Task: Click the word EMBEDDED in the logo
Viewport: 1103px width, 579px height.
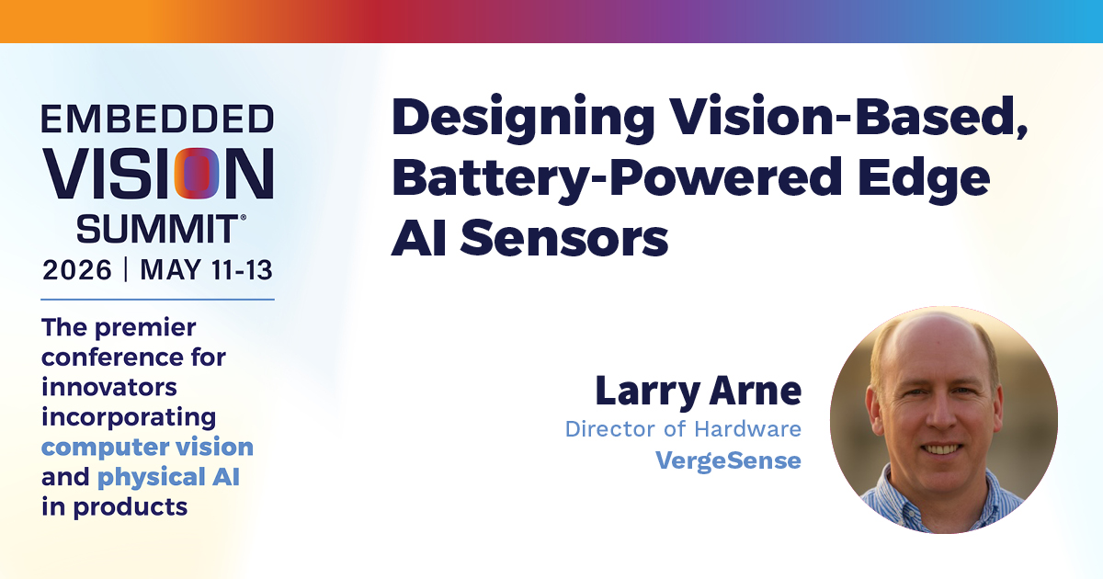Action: pyautogui.click(x=157, y=119)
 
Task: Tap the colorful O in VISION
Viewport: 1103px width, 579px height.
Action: pyautogui.click(x=197, y=174)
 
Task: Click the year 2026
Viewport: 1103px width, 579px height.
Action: pyautogui.click(x=77, y=270)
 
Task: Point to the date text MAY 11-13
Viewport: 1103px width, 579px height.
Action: pyautogui.click(x=206, y=270)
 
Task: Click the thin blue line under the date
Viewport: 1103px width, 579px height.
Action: pyautogui.click(x=157, y=300)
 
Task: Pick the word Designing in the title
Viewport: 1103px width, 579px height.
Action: pyautogui.click(x=523, y=119)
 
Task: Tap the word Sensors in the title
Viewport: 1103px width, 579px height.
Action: pyautogui.click(x=564, y=238)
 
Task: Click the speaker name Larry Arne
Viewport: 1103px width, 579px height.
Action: pyautogui.click(x=699, y=391)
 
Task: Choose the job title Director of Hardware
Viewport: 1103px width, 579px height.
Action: pyautogui.click(x=683, y=429)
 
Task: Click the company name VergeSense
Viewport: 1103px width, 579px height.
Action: pyautogui.click(x=728, y=460)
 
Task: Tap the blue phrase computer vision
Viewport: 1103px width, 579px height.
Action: pyautogui.click(x=147, y=447)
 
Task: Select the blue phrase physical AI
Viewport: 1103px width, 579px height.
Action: pyautogui.click(x=168, y=477)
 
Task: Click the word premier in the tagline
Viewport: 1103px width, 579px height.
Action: pyautogui.click(x=145, y=328)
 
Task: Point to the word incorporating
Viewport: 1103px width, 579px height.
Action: pyautogui.click(x=129, y=417)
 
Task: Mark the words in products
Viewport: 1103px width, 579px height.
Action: pyautogui.click(x=114, y=507)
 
